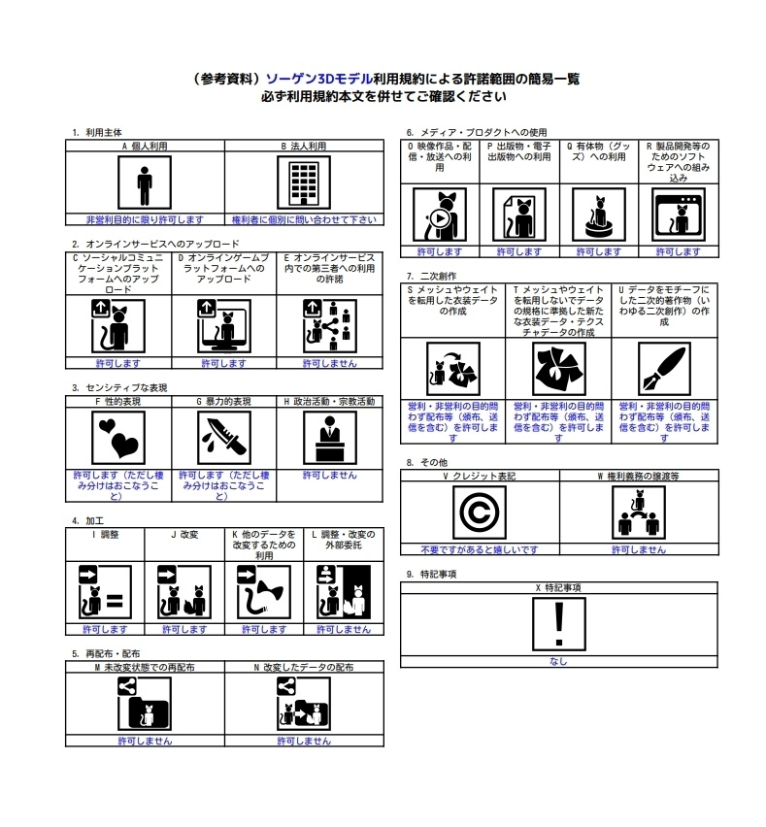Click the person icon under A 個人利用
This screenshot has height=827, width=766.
(x=145, y=183)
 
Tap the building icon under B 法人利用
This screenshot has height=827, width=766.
(x=303, y=183)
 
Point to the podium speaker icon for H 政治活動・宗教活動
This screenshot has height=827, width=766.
(x=329, y=438)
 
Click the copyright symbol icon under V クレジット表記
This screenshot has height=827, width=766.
(x=480, y=513)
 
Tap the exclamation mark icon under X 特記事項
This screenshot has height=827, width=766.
(x=558, y=624)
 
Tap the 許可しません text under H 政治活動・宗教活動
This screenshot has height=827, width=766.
(x=329, y=476)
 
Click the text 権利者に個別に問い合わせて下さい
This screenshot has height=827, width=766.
(x=303, y=219)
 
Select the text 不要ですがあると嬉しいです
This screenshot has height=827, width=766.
(x=480, y=549)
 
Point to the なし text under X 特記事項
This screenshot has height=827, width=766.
(x=558, y=661)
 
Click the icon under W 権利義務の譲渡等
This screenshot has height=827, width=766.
(x=638, y=513)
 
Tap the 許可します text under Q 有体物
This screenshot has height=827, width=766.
(x=597, y=251)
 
